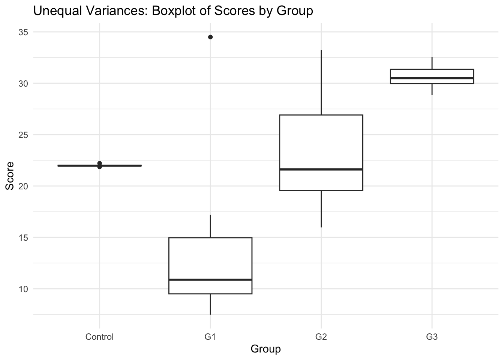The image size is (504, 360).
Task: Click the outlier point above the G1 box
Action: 210,37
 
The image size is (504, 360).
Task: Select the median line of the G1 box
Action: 210,280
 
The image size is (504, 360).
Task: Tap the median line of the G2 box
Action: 321,169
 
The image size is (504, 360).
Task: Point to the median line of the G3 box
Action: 432,78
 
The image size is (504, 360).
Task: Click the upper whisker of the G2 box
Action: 321,82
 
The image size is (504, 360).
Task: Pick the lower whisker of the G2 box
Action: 321,208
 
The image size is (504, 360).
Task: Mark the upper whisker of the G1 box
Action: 210,226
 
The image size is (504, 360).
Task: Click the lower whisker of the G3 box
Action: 432,89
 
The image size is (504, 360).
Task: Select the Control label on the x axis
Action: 99,337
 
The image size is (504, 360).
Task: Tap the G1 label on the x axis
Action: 210,337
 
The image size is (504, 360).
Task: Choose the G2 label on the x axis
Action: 321,337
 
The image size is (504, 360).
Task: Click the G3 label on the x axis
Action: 432,337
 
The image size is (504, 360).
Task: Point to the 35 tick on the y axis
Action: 23,32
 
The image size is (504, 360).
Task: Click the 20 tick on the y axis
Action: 23,186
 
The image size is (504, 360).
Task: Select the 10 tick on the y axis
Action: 23,289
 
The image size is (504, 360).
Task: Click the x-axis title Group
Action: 265,349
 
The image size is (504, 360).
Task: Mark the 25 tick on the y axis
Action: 23,135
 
